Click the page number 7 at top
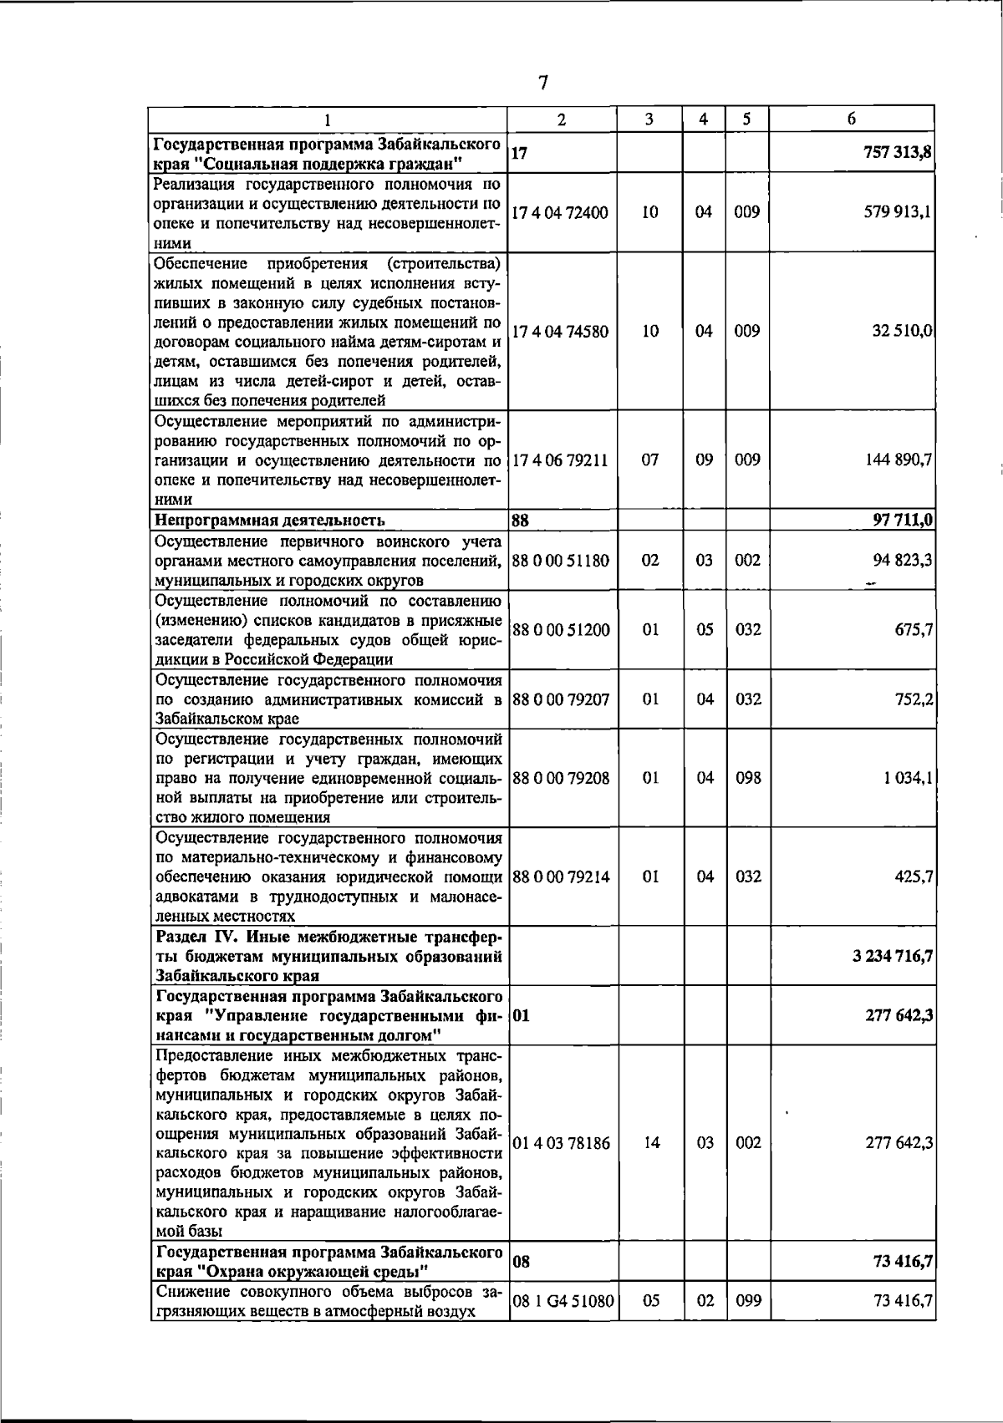(543, 83)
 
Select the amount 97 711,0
(902, 521)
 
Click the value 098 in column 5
(748, 778)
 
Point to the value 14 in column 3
(652, 1143)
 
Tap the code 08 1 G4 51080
(563, 1324)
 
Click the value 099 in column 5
(748, 1324)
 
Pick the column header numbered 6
(851, 119)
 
